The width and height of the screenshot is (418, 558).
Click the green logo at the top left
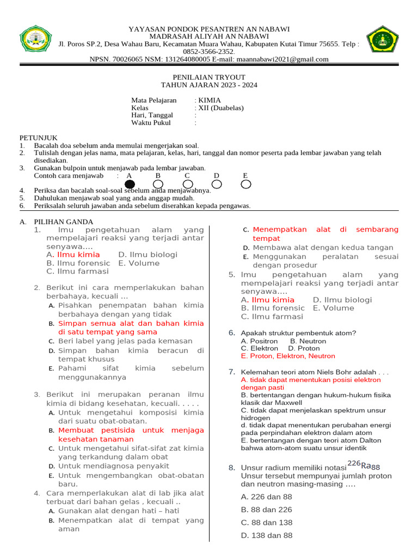36,41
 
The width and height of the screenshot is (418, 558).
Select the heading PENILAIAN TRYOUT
209,77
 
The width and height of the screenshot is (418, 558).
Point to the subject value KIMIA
210,100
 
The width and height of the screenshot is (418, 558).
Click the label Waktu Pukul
151,123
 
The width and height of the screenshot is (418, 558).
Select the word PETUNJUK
38,138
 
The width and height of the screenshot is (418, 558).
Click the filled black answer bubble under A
130,184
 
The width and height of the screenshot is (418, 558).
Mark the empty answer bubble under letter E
246,184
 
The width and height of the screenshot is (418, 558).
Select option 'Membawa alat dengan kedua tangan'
322,247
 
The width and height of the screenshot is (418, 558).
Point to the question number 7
231,372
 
